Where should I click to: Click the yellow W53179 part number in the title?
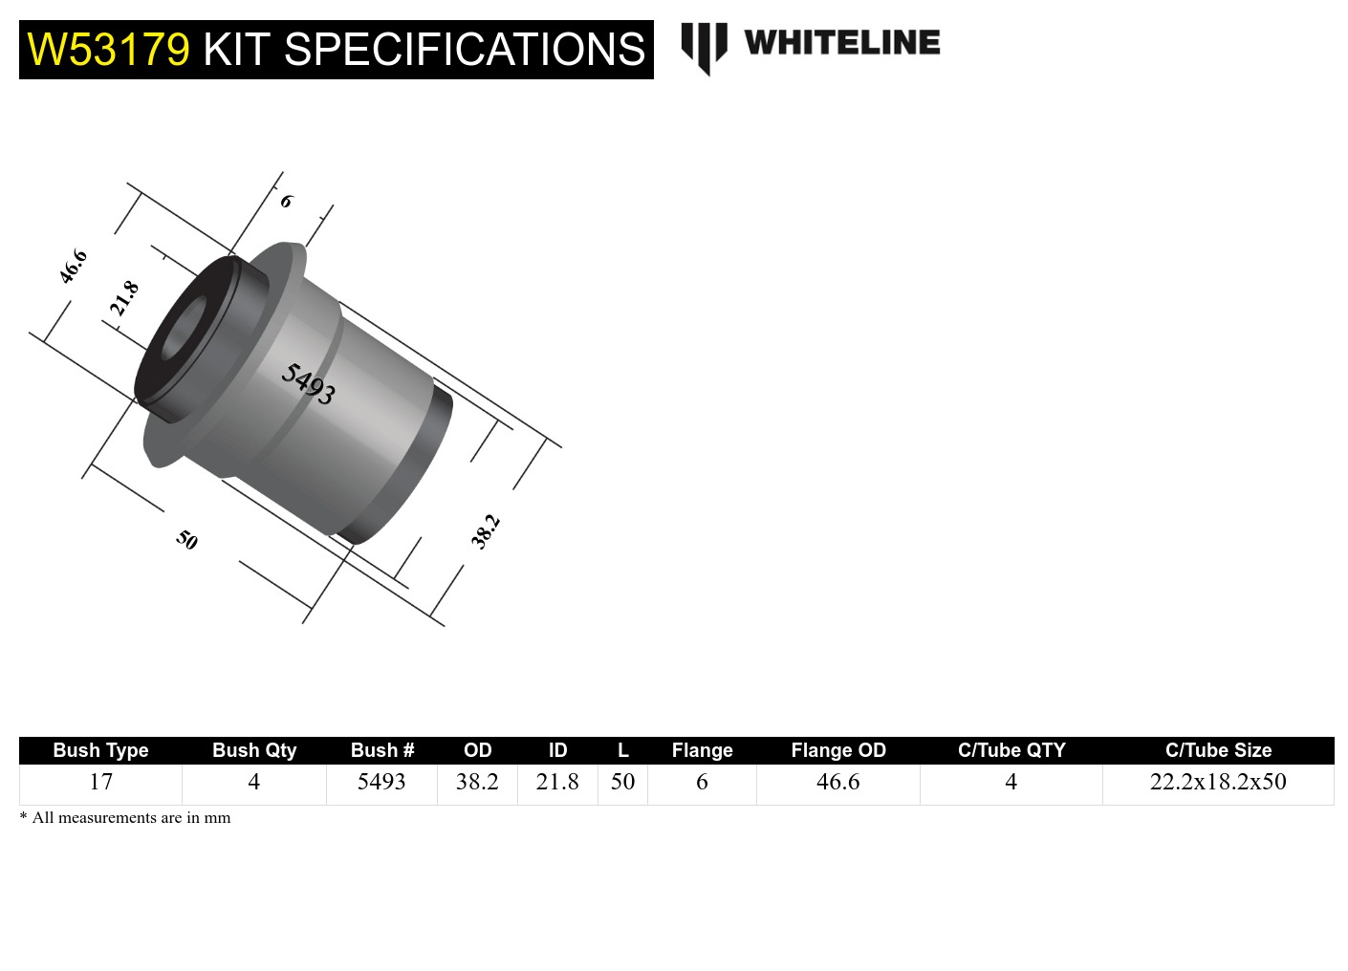[108, 50]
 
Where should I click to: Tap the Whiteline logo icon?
[704, 47]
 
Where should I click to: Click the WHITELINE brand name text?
[841, 43]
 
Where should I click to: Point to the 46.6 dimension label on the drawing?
[74, 267]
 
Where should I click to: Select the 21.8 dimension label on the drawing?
[124, 298]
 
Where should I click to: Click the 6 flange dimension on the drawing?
[286, 202]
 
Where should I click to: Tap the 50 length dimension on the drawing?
[186, 540]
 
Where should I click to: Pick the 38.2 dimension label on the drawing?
[486, 531]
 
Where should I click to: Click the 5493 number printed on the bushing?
[308, 384]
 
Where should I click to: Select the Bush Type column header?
[100, 750]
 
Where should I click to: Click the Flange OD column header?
[837, 750]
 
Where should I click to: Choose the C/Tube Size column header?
[1217, 750]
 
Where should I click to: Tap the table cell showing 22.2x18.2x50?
[1217, 782]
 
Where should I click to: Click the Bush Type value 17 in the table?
[100, 782]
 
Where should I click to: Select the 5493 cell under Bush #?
[381, 782]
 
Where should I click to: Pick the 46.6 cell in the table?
[837, 782]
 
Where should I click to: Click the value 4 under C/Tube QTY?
[1011, 782]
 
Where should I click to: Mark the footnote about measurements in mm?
[125, 818]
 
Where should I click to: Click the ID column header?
[557, 750]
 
